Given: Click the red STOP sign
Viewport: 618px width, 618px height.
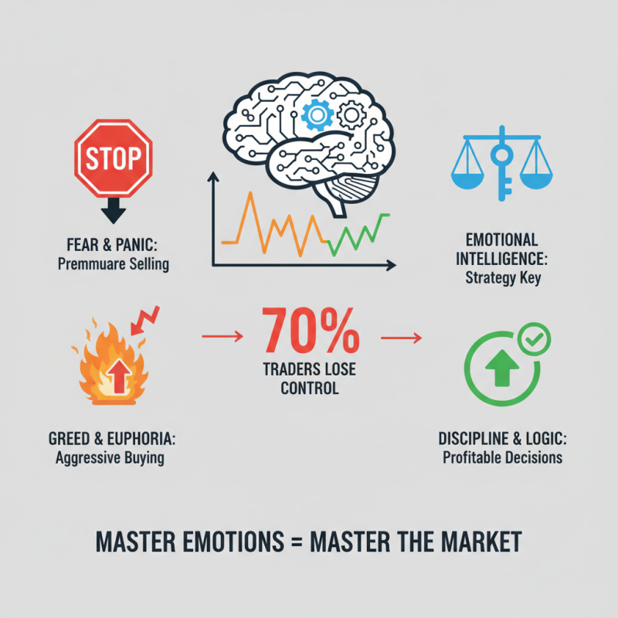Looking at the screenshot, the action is click(114, 158).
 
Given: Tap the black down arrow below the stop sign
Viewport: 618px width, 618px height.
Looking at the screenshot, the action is click(114, 210).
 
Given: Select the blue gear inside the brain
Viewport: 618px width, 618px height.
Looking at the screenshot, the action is click(317, 115).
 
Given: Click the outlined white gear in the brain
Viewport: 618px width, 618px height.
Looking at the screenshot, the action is click(351, 115).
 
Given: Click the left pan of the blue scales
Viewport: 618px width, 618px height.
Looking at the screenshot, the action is click(467, 181).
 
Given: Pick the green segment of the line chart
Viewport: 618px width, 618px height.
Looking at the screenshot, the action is click(358, 234).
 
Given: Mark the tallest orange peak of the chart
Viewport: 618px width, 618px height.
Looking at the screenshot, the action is click(250, 193).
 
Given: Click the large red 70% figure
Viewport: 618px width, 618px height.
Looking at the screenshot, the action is click(311, 331).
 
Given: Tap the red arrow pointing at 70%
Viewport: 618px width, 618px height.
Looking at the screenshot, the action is click(222, 336).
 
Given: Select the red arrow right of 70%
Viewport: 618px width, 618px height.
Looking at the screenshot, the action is click(401, 338).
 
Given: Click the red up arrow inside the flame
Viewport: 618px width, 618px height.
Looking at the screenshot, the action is click(120, 376).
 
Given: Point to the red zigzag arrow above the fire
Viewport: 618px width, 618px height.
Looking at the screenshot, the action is click(144, 320).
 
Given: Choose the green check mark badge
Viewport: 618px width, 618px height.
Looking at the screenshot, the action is click(535, 339).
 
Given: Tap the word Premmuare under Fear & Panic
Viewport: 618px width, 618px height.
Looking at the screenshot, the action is click(87, 264).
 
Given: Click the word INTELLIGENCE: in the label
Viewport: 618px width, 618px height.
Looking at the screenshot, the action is click(501, 260).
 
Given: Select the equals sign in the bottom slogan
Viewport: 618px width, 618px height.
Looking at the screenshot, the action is click(297, 542).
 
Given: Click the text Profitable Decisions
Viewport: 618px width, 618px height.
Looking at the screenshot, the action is click(503, 457).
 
